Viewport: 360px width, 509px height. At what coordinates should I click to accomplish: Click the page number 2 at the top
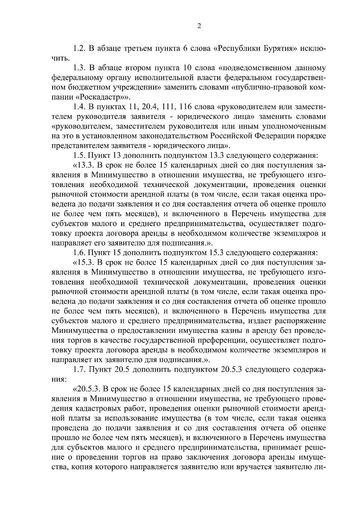click(199, 26)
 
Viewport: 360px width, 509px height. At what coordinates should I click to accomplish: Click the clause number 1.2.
click(79, 48)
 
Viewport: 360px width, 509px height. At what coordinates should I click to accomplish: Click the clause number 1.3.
click(79, 68)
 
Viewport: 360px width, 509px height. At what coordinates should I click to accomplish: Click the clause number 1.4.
click(79, 107)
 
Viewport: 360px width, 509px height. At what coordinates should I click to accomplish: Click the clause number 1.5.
click(79, 156)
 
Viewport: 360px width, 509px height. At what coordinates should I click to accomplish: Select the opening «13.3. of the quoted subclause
click(82, 165)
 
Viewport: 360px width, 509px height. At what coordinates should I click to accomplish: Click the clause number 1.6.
click(79, 253)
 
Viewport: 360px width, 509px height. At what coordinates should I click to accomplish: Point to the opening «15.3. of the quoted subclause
click(82, 263)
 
